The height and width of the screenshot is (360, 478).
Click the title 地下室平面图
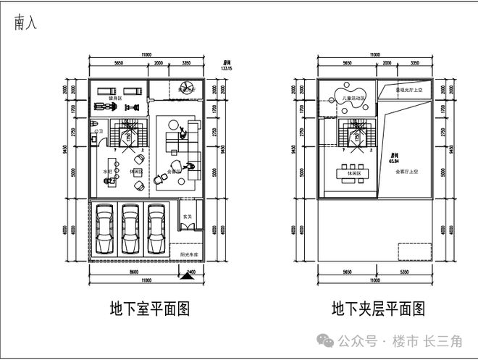pyautogui.click(x=149, y=309)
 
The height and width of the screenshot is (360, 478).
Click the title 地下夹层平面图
pyautogui.click(x=378, y=309)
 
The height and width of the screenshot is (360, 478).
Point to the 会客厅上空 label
pyautogui.click(x=408, y=172)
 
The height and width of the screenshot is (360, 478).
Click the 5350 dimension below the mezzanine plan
pyautogui.click(x=406, y=273)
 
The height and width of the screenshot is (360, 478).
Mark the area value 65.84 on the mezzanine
pyautogui.click(x=395, y=162)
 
